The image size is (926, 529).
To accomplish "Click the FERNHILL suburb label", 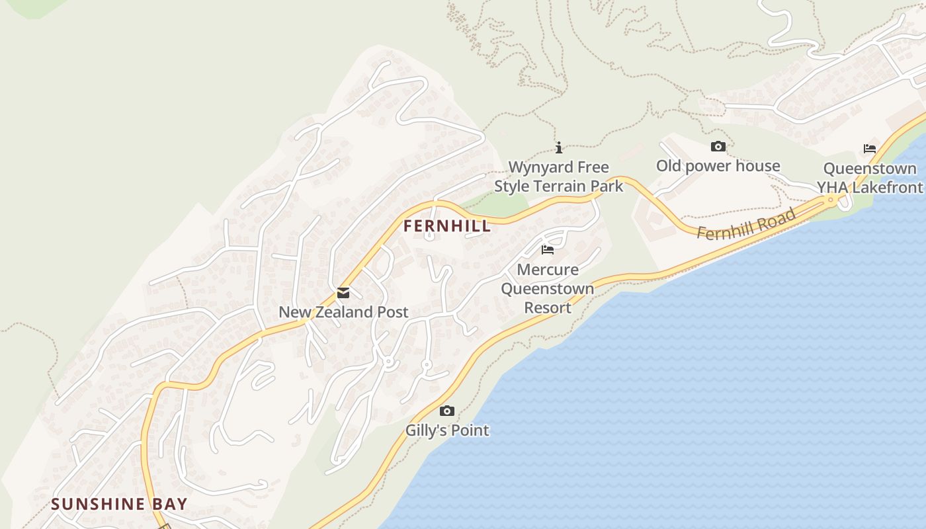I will pos(447,226).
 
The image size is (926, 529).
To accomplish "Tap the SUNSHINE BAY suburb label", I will pos(119,504).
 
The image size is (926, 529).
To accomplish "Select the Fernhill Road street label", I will pos(745,224).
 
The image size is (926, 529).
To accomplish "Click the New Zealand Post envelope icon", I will pos(343,293).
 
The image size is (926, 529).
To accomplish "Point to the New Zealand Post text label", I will pos(343,312).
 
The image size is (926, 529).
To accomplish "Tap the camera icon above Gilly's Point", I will pos(447,411).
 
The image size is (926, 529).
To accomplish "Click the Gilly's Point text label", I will pos(447,430).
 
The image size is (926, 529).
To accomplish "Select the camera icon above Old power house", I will pos(718,147).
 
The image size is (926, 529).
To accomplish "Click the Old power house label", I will pos(718,166).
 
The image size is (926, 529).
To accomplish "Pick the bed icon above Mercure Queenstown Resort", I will pos(548,250).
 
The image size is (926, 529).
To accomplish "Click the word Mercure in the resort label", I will pos(548,270).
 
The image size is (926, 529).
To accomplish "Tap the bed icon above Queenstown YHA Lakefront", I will pos(870,149).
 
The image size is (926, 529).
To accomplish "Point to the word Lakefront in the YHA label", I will pos(887,188).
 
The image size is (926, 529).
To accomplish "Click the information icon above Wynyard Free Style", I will pos(559,147).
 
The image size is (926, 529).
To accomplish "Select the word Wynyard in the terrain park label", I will pos(532,167).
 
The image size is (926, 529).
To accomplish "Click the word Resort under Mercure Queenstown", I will pos(548,308).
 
